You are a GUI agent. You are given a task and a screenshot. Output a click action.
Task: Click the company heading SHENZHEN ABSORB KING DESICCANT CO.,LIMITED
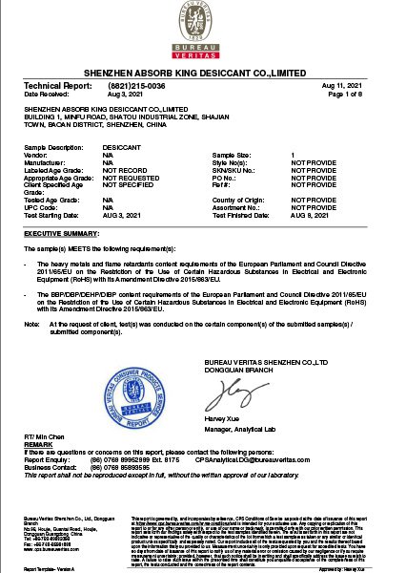pos(202,74)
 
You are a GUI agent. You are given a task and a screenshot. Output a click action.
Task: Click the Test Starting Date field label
pos(50,216)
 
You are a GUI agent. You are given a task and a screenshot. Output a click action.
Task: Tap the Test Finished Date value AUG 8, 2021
pos(313,216)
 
